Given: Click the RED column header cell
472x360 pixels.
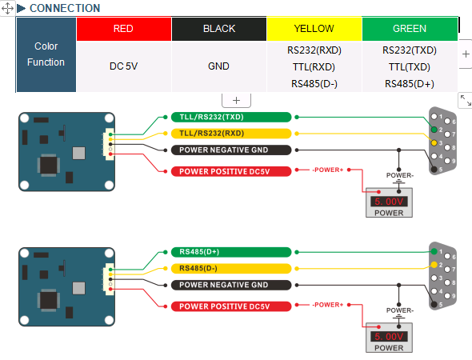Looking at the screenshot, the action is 124,29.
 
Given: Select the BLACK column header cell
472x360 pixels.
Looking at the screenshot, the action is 219,29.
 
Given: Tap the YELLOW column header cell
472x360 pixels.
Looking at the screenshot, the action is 314,29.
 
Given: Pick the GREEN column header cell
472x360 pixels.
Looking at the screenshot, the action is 410,29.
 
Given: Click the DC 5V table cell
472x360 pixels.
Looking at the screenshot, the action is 124,66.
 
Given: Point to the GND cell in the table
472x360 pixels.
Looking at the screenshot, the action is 219,66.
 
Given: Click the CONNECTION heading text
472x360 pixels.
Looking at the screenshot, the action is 65,8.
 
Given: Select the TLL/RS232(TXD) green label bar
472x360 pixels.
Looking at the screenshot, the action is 231,117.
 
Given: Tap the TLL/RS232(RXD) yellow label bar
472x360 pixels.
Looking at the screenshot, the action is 231,134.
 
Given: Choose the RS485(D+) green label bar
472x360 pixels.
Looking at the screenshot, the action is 231,252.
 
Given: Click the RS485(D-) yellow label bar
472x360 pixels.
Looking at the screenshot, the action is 231,268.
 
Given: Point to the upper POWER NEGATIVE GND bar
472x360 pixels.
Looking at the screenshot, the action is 231,150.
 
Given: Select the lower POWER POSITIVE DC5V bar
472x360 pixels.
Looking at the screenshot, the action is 231,306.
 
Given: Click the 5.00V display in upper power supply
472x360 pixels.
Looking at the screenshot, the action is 389,202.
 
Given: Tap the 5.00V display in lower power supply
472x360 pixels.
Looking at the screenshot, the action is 389,337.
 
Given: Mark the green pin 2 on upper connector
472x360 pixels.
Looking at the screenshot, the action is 434,130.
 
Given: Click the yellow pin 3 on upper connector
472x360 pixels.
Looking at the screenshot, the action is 434,143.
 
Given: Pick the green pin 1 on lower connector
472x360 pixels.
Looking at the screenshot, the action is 434,251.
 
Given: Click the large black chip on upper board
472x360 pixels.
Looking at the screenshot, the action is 49,165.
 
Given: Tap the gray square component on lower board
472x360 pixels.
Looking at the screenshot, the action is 79,288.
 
